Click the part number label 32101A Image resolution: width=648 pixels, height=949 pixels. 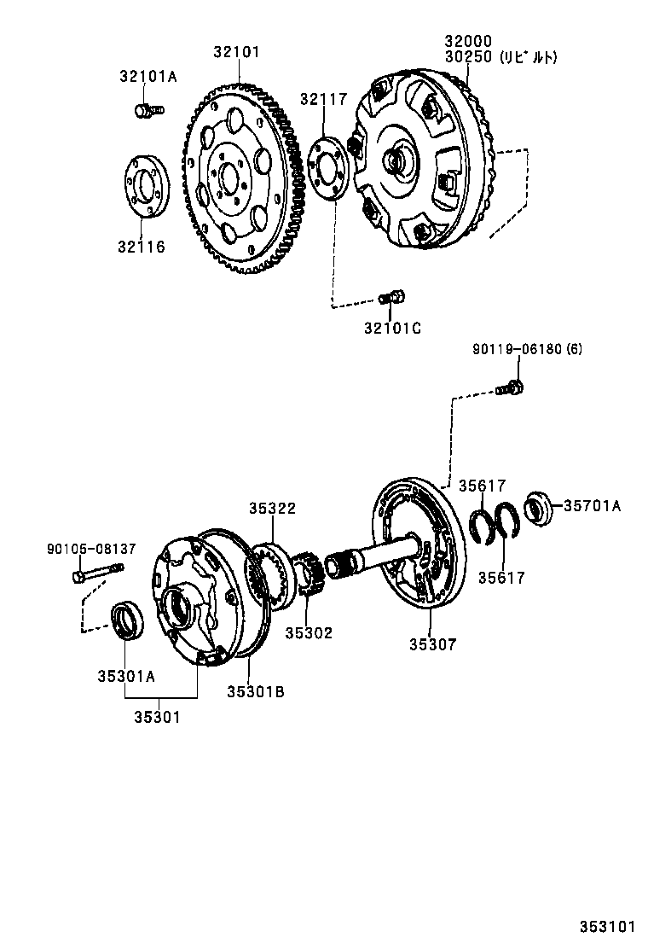click(x=148, y=76)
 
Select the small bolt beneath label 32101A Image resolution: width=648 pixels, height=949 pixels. click(x=148, y=109)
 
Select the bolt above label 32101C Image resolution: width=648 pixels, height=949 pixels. click(x=391, y=298)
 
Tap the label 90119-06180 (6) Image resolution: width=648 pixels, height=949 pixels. click(x=528, y=349)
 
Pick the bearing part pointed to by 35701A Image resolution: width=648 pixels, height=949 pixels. click(x=537, y=507)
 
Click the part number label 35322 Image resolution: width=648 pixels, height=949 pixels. click(x=272, y=508)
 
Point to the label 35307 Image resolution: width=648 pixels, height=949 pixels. click(x=432, y=645)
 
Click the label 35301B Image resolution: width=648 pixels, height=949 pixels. click(x=255, y=691)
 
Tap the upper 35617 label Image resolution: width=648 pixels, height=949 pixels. click(x=482, y=486)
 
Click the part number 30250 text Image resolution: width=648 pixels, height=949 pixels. click(x=468, y=57)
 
